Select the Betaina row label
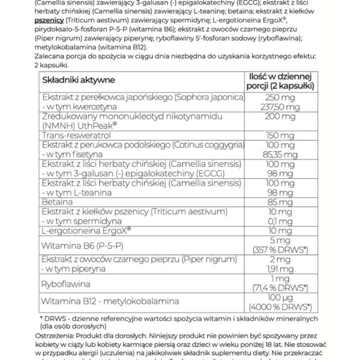point(55,201)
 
